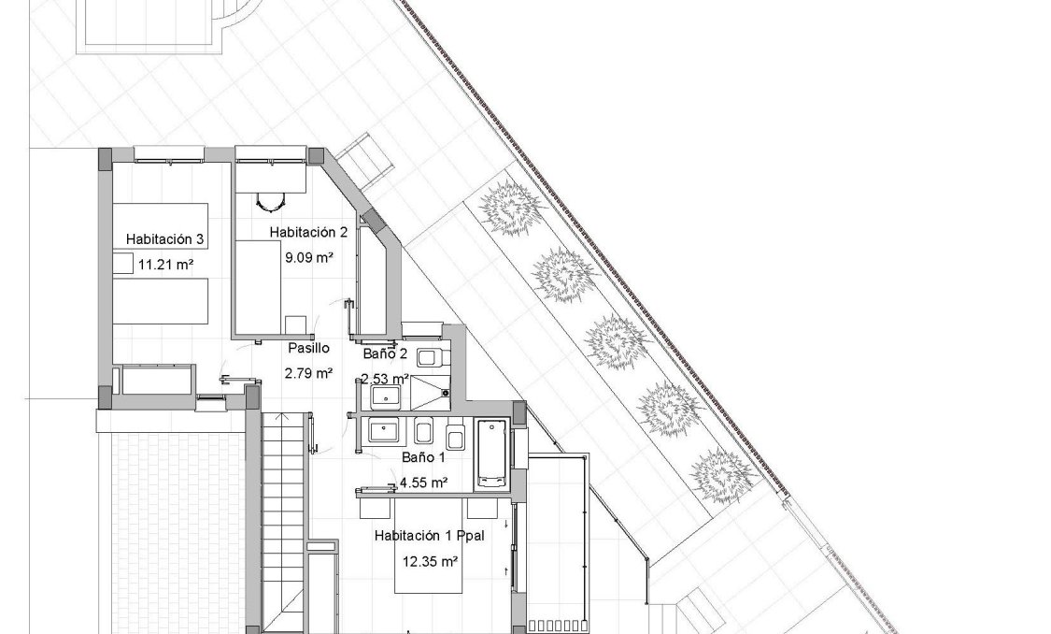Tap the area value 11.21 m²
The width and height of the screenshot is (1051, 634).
(165, 265)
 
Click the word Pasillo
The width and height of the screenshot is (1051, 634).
(308, 348)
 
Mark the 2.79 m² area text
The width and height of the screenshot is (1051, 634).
(308, 373)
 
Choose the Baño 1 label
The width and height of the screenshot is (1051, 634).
(424, 458)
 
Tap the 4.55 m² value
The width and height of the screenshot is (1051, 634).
(423, 483)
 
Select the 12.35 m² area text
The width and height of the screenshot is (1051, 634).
(430, 562)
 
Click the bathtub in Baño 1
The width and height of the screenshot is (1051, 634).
(492, 454)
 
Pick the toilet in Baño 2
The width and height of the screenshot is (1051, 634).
(430, 356)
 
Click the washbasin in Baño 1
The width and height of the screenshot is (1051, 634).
(383, 432)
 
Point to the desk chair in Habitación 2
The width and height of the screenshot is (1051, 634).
(269, 200)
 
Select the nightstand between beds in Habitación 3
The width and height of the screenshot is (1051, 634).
(123, 264)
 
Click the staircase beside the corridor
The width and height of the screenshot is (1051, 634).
(283, 505)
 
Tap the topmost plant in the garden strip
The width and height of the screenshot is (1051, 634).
(509, 205)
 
